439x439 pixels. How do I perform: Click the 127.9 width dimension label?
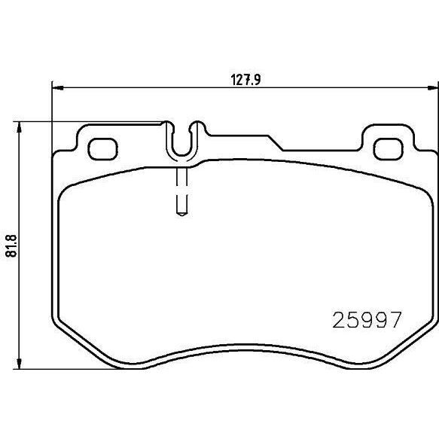click(x=245, y=80)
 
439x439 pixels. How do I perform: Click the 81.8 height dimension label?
click(x=12, y=246)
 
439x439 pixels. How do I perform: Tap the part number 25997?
click(x=367, y=320)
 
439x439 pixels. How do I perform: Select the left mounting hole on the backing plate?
click(x=102, y=149)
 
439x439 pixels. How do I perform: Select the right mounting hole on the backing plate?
click(x=389, y=149)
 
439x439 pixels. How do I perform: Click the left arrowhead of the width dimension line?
click(x=58, y=88)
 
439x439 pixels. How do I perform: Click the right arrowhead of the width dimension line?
click(x=433, y=88)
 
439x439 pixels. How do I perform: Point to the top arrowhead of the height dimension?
click(x=19, y=127)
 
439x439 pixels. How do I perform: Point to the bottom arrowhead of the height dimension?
click(x=19, y=364)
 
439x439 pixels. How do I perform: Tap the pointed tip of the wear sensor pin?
click(x=182, y=215)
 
